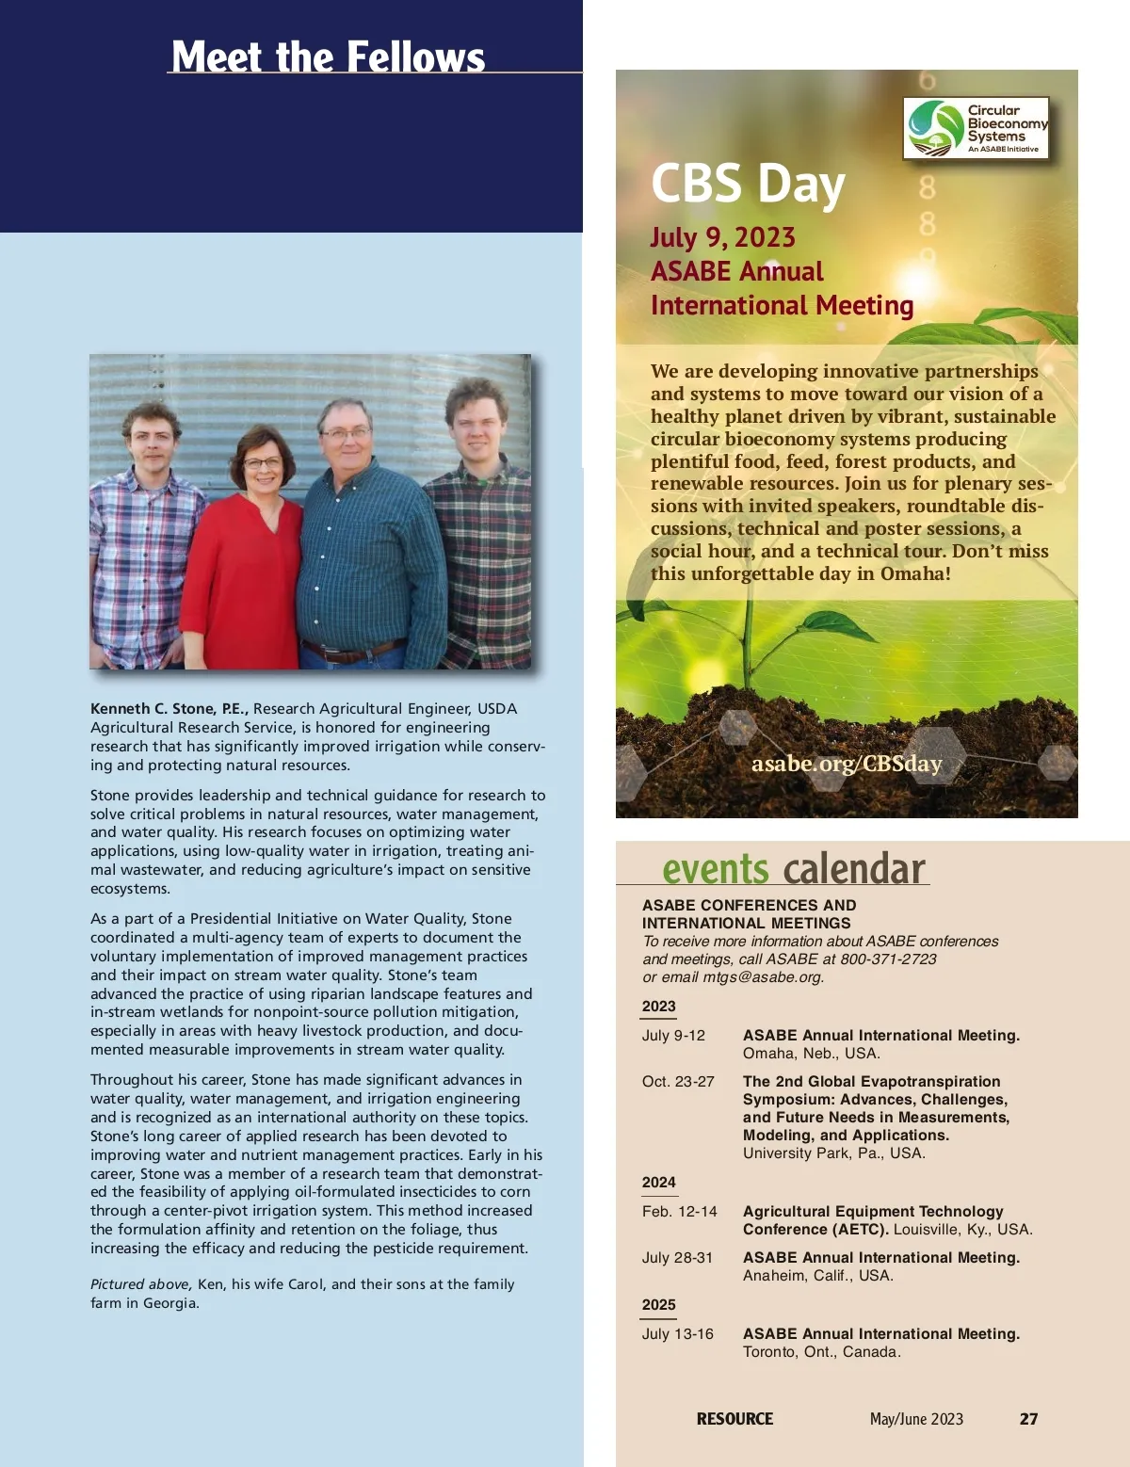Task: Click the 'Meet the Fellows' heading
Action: [328, 56]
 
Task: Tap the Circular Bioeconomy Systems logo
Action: [977, 128]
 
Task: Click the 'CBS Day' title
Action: [748, 183]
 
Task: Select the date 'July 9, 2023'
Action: [722, 237]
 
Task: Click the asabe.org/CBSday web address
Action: [846, 764]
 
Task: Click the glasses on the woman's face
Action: [262, 462]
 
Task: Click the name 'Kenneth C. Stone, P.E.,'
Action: [169, 709]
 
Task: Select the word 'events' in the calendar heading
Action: [715, 868]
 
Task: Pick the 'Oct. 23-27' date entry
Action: [678, 1082]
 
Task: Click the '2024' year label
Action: [659, 1183]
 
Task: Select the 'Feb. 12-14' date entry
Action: [679, 1212]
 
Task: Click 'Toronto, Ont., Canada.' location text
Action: [821, 1352]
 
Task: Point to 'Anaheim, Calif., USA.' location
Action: [817, 1276]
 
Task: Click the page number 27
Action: [1028, 1419]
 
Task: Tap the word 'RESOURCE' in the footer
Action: [734, 1419]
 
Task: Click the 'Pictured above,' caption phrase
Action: [141, 1284]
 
